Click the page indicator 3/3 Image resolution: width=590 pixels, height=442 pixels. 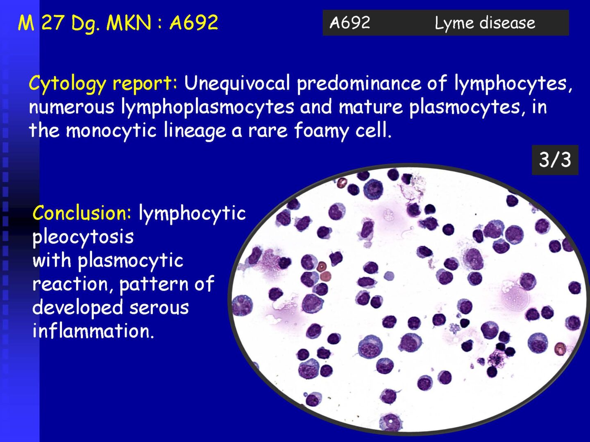[555, 160]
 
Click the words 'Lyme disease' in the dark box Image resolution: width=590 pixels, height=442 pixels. [485, 23]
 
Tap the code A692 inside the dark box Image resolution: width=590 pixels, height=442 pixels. [350, 23]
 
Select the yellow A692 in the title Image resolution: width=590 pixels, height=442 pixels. [194, 22]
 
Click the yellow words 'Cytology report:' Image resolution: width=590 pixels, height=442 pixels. [103, 83]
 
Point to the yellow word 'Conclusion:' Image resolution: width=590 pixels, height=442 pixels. [82, 213]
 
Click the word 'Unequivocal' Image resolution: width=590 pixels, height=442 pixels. [237, 83]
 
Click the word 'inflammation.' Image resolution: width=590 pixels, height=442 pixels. [93, 331]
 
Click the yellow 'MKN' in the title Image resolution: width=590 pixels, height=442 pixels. [129, 23]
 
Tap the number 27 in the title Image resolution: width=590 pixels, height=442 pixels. [53, 23]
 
